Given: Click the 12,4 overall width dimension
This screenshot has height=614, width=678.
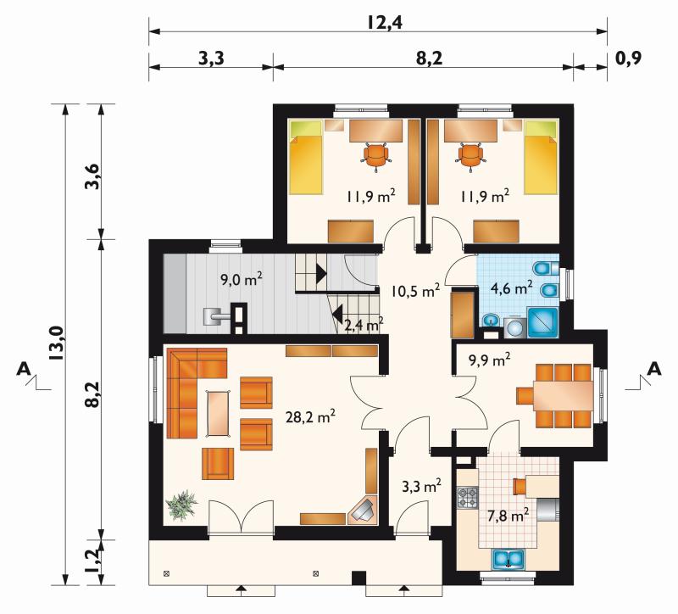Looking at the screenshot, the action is point(385,22).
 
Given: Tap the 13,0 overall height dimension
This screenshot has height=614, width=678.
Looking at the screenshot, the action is point(57,343).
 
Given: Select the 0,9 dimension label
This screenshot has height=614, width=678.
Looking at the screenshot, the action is point(628,58).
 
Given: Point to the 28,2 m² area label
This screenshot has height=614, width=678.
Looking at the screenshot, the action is point(310,416).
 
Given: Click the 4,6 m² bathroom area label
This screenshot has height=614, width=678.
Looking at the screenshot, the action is point(512,287).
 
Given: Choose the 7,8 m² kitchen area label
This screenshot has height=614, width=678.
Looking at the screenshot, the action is point(508,516).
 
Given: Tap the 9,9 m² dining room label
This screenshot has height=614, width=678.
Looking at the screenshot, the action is point(490,359).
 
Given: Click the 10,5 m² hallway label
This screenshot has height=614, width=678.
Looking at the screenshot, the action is point(415,291).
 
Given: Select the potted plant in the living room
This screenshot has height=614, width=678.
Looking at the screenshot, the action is point(181,505).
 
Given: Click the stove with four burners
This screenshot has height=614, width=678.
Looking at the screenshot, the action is point(468,497).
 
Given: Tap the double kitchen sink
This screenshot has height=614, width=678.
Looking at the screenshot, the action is point(508,558).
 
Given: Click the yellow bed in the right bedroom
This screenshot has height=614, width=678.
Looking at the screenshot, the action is point(541,158).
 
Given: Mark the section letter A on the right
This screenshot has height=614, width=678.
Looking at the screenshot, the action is point(655,369).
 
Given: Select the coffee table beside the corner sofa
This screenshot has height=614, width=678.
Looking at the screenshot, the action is point(220,413).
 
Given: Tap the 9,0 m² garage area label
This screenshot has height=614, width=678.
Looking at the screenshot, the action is point(242,279).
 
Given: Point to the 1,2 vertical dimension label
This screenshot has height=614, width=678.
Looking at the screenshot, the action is point(95,560).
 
